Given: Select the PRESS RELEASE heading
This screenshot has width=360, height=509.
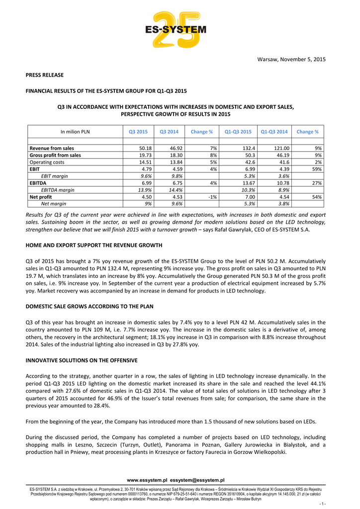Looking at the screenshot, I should tap(45, 75).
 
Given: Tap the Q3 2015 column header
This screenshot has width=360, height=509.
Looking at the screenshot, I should tap(138, 132).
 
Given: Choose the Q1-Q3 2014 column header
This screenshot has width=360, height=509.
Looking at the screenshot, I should tap(274, 132).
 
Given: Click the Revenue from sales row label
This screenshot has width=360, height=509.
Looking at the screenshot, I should tap(52, 148).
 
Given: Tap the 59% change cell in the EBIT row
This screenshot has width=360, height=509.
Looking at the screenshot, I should tap(316, 169).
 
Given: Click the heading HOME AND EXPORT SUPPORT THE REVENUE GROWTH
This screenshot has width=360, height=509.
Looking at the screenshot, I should tap(94, 246).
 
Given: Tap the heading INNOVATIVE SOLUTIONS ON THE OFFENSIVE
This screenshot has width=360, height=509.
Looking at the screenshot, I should tap(82, 359).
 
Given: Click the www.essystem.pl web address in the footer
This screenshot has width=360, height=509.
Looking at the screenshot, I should tap(147, 480).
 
